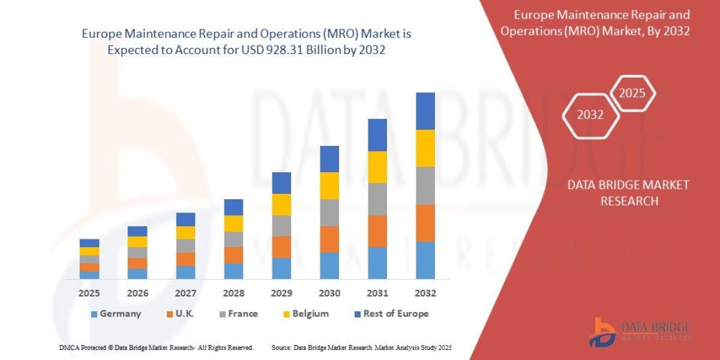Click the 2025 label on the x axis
(x=89, y=293)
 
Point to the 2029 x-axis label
(x=281, y=293)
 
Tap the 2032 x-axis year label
(x=425, y=293)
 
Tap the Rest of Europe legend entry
(x=391, y=314)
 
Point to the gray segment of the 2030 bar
(x=329, y=212)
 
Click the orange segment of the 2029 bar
(x=281, y=247)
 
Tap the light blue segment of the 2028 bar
(x=233, y=271)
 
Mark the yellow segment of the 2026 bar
(x=137, y=242)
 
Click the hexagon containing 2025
(x=632, y=94)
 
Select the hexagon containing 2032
(x=590, y=115)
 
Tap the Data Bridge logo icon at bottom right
(x=603, y=332)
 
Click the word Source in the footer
(x=281, y=348)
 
